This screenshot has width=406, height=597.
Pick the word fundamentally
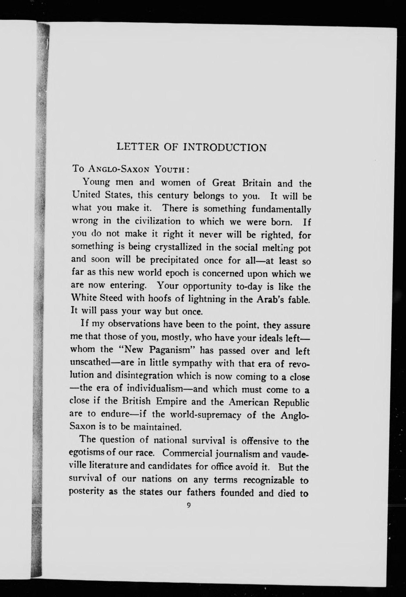(281, 209)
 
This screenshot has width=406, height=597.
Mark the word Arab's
(270, 299)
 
